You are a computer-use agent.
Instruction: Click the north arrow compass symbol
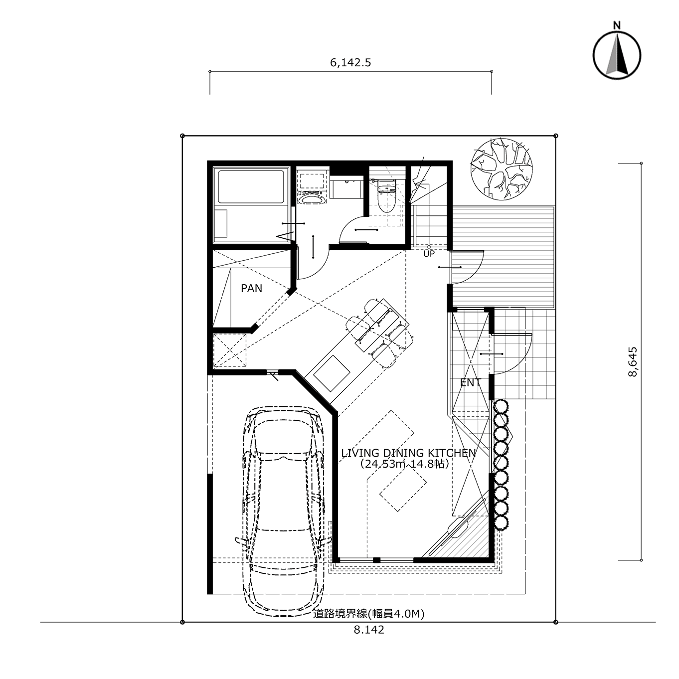tap(617, 55)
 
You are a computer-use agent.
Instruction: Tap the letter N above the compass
tap(617, 25)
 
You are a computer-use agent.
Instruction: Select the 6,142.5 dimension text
tap(350, 63)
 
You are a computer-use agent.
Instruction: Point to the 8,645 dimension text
tap(633, 362)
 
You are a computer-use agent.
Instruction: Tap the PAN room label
tap(252, 289)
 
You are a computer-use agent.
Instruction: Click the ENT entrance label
tap(471, 383)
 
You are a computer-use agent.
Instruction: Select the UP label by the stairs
tap(429, 254)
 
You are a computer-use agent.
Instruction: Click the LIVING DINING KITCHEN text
tap(408, 453)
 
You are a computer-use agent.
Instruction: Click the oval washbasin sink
tap(313, 200)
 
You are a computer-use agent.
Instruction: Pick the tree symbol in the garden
tap(502, 170)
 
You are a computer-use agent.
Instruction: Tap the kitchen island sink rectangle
tap(332, 374)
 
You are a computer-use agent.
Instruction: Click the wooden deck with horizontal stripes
tap(503, 257)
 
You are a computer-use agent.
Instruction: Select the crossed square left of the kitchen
tap(230, 350)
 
